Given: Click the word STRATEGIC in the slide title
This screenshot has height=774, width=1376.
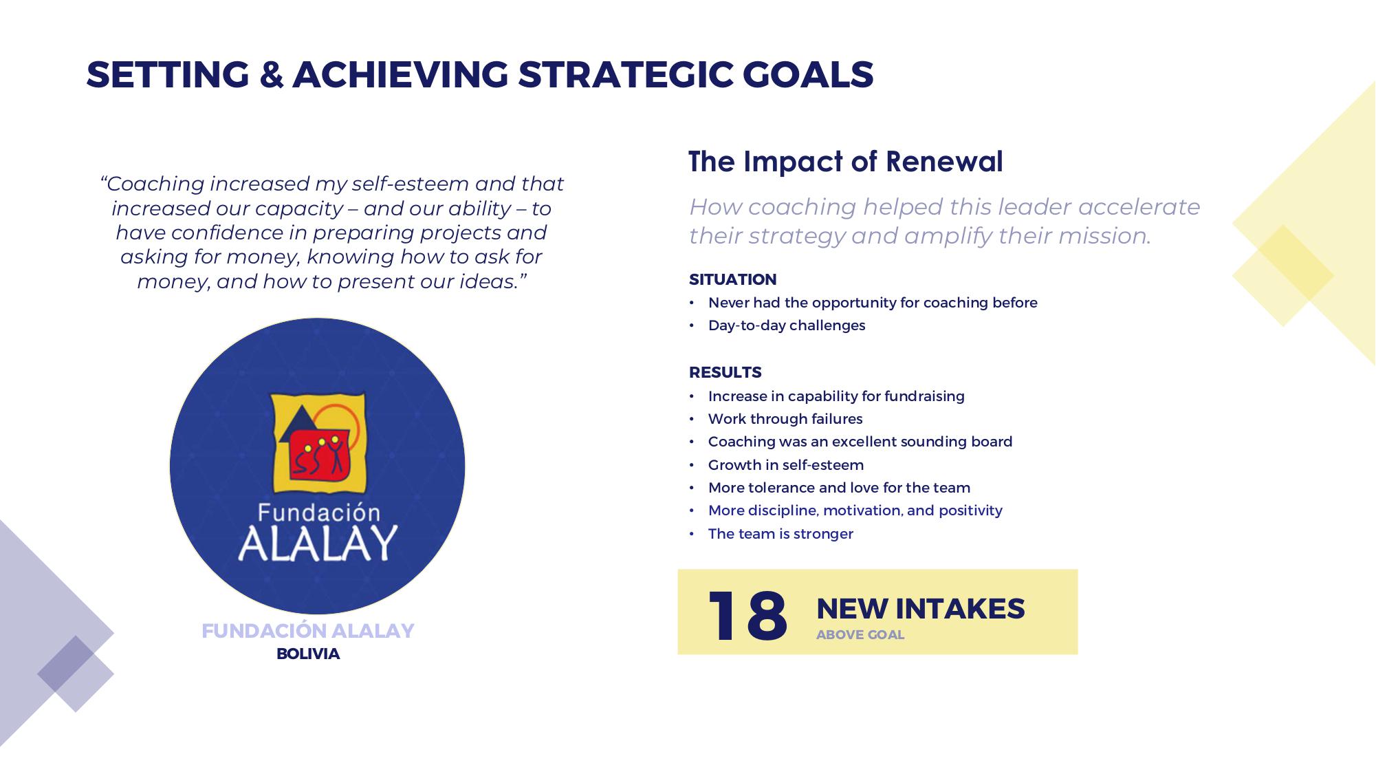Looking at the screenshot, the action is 626,74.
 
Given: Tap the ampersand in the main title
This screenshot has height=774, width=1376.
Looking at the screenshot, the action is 272,74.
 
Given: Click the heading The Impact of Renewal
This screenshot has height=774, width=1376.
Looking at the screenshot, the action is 846,162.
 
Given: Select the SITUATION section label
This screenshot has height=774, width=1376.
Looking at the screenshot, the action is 733,279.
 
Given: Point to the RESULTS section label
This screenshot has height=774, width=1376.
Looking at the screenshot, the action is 725,372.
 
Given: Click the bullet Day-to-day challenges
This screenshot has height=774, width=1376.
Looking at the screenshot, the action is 787,325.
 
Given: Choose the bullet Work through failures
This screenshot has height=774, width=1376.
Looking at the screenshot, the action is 785,419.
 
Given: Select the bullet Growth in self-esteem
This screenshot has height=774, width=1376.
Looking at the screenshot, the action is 786,465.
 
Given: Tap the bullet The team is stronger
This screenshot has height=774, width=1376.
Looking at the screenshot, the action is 780,534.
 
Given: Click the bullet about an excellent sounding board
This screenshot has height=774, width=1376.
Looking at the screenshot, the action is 860,442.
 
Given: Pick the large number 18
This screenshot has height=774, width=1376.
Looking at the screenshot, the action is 747,616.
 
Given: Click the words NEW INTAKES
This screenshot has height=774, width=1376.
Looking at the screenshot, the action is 920,609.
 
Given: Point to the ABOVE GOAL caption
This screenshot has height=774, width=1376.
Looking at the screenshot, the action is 860,635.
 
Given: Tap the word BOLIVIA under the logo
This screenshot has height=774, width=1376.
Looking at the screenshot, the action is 308,654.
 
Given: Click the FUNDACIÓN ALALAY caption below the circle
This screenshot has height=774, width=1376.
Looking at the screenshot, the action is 308,631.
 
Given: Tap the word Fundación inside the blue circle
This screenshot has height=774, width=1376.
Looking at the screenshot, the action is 318,513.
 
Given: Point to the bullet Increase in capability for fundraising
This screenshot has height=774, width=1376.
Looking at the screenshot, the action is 836,396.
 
